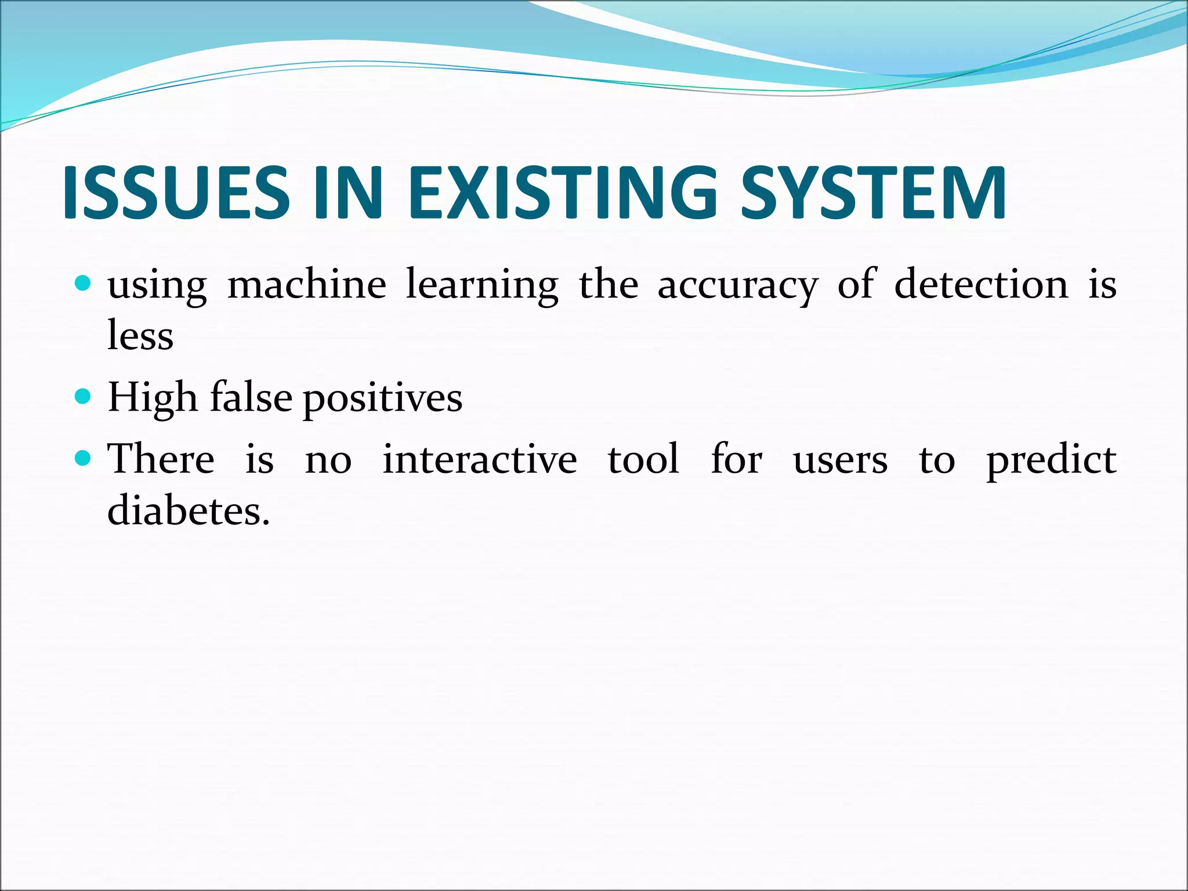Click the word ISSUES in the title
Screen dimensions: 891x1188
click(176, 193)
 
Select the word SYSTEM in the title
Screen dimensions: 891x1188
click(873, 193)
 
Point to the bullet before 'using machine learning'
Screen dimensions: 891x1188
click(84, 284)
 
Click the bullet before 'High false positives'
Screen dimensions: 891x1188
click(84, 397)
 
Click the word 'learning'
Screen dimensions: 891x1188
click(482, 285)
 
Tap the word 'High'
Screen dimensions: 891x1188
click(153, 398)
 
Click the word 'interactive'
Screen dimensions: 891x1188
click(480, 459)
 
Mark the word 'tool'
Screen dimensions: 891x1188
click(643, 459)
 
